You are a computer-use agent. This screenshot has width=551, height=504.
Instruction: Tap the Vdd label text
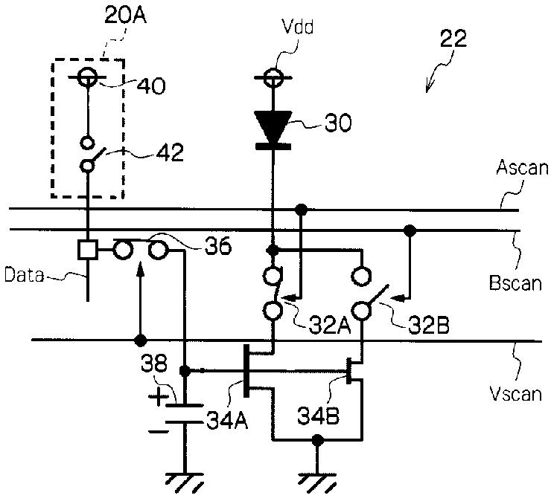(x=298, y=27)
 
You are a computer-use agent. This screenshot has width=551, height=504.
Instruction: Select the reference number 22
(x=453, y=38)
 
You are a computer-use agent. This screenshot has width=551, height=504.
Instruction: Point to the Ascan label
(x=522, y=168)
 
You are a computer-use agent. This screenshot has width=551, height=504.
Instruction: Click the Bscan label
(x=515, y=282)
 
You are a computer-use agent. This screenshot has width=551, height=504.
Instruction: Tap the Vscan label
(x=515, y=393)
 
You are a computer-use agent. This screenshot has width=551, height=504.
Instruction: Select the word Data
(x=24, y=275)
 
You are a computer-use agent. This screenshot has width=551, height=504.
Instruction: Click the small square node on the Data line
(x=88, y=250)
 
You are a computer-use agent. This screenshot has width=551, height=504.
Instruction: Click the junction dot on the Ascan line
(x=301, y=210)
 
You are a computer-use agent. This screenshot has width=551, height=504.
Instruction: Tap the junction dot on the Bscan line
(x=410, y=230)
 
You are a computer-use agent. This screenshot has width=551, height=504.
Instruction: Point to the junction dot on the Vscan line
(x=141, y=340)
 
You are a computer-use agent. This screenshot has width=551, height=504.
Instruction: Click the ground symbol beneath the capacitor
(x=185, y=483)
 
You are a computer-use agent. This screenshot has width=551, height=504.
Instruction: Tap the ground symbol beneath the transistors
(x=318, y=483)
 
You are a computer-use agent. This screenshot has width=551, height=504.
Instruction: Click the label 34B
(x=319, y=416)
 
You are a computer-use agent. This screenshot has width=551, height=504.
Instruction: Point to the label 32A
(x=330, y=326)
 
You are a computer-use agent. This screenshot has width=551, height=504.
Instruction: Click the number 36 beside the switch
(x=218, y=245)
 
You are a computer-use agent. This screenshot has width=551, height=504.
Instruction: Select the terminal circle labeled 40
(x=87, y=77)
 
